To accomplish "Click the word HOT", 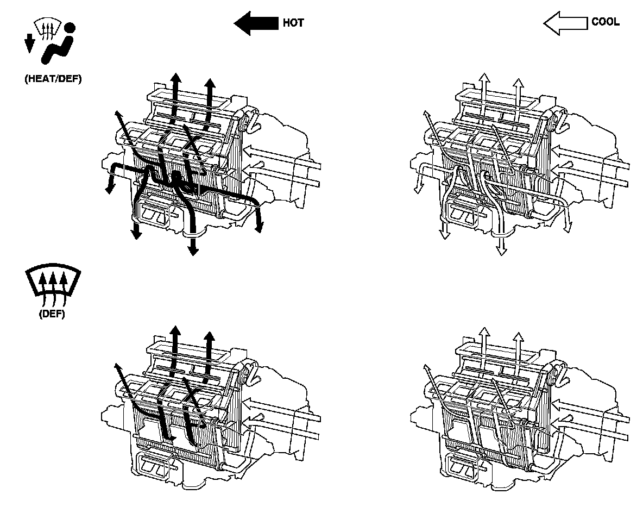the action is click(x=293, y=23).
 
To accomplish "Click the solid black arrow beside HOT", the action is click(x=256, y=24).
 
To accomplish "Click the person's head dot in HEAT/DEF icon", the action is click(x=69, y=28).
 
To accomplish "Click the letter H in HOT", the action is click(x=286, y=23).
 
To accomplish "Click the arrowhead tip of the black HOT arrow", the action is click(x=236, y=24).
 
